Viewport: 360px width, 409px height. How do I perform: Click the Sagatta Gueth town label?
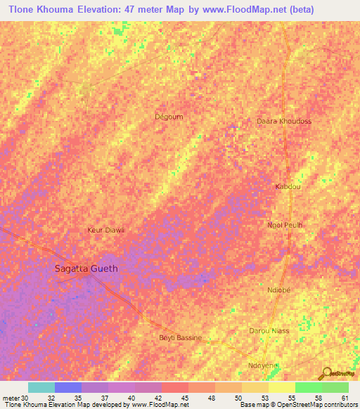click(x=86, y=268)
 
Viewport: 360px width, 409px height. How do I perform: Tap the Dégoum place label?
click(x=168, y=117)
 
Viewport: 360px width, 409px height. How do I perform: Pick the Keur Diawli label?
click(x=105, y=230)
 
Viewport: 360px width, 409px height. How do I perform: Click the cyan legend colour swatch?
click(x=41, y=387)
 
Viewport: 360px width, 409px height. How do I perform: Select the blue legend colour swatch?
click(x=67, y=387)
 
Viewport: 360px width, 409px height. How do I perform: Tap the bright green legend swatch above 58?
click(x=308, y=387)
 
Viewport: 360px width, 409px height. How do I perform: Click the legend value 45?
click(x=184, y=398)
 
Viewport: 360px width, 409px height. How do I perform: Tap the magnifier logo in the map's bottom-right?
click(x=326, y=373)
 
